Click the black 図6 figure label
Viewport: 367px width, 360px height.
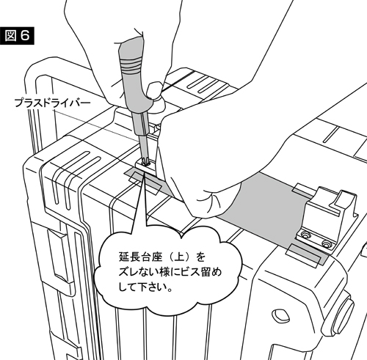[17, 36]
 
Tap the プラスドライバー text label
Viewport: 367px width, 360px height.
[52, 103]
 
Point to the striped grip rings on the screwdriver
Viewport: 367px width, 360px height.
[131, 67]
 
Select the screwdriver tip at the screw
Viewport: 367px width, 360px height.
[144, 161]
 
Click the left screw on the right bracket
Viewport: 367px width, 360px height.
[305, 235]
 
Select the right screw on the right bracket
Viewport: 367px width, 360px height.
[326, 243]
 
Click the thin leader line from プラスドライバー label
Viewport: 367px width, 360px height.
[96, 125]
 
